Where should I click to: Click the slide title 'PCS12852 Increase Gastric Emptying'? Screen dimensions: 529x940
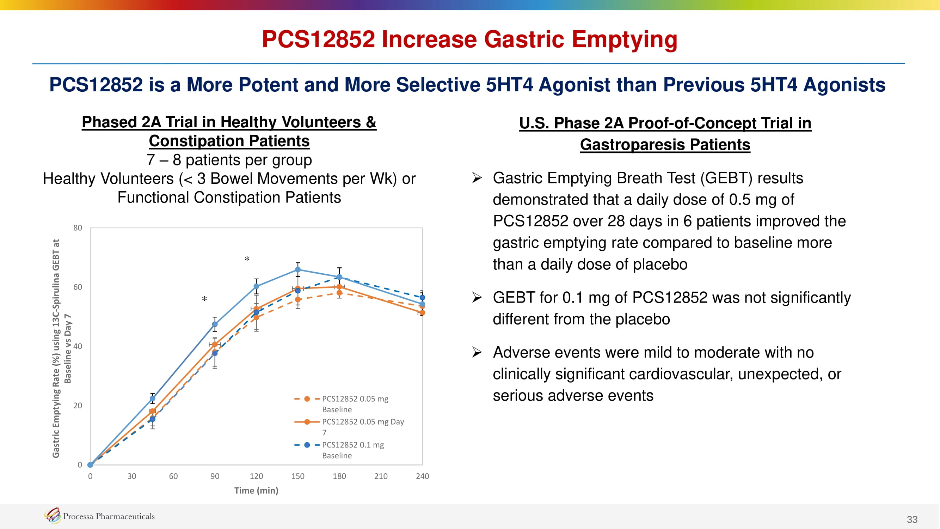click(x=469, y=39)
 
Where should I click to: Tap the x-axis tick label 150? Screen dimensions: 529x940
click(x=298, y=476)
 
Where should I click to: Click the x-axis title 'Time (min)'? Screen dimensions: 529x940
click(x=256, y=490)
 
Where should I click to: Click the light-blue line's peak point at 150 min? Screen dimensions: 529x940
click(x=298, y=269)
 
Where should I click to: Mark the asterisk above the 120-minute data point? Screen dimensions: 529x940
click(x=247, y=260)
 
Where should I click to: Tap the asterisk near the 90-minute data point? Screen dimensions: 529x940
click(x=204, y=299)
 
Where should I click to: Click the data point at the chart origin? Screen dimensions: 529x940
click(x=90, y=465)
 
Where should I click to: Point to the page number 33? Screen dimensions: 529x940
click(x=912, y=519)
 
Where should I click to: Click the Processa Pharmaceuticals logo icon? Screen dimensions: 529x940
click(x=53, y=515)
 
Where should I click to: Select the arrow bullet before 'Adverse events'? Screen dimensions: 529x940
click(x=477, y=352)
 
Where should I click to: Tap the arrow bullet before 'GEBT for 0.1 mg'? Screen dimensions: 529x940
click(x=477, y=298)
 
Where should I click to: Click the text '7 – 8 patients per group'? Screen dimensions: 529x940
click(x=229, y=160)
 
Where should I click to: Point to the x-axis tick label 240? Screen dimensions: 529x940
click(x=422, y=476)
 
